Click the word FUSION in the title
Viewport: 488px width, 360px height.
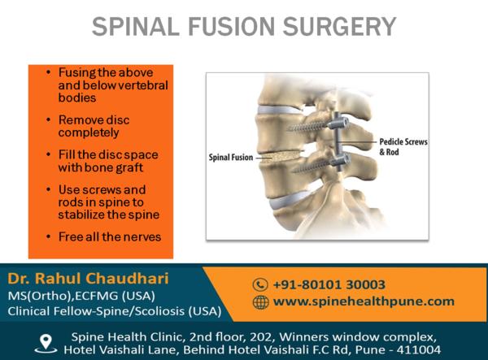pos(231,27)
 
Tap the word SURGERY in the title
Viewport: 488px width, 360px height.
pos(339,27)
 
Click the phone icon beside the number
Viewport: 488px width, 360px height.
pos(260,284)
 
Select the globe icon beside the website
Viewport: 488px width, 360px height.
pos(260,301)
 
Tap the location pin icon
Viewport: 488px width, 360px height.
pos(46,344)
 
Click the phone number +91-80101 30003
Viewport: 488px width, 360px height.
pos(329,284)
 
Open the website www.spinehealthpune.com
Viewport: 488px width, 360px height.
pos(364,301)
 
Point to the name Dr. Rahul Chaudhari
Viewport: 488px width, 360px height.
pos(89,278)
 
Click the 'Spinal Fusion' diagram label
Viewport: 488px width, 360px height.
pos(231,158)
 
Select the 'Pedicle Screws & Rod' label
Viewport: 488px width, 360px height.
pos(403,147)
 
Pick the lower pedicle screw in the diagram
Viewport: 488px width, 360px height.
pos(322,164)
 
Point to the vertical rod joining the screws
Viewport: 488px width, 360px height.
pos(338,142)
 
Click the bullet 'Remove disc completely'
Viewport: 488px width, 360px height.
pos(94,126)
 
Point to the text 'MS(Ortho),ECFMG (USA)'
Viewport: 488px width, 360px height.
pos(81,296)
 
